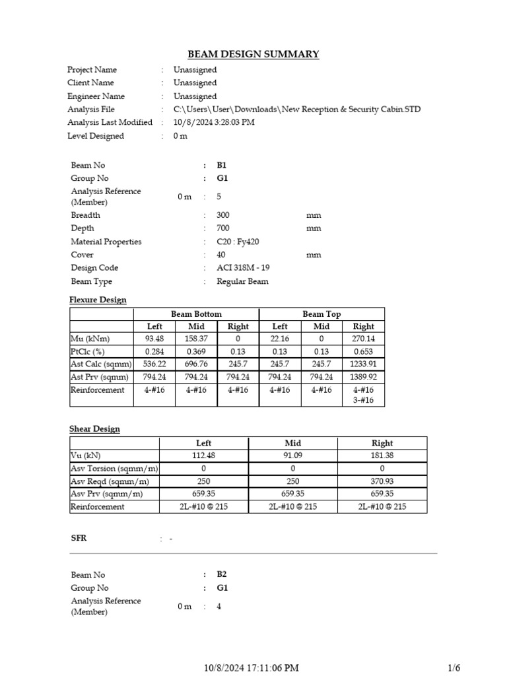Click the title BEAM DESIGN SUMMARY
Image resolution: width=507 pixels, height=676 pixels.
pyautogui.click(x=253, y=54)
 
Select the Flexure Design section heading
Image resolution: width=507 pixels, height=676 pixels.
pyautogui.click(x=98, y=300)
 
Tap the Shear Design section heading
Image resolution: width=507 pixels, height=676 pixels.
pyautogui.click(x=94, y=429)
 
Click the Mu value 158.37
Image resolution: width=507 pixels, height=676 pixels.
pyautogui.click(x=196, y=339)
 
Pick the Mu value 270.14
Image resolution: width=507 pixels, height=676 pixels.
pyautogui.click(x=363, y=339)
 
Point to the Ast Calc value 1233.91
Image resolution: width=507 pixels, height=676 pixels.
pyautogui.click(x=363, y=364)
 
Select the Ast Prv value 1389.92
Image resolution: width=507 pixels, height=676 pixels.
pyautogui.click(x=363, y=377)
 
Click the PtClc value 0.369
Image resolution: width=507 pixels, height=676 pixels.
pyautogui.click(x=196, y=351)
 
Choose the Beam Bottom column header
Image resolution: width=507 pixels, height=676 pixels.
pyautogui.click(x=196, y=314)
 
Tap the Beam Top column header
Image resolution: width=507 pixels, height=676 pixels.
pyautogui.click(x=321, y=314)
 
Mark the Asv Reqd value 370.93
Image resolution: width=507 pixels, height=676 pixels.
pyautogui.click(x=382, y=481)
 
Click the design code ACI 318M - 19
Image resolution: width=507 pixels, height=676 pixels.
pyautogui.click(x=243, y=268)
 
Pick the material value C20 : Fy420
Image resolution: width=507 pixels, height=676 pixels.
pyautogui.click(x=238, y=242)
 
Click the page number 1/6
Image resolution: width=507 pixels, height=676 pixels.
pyautogui.click(x=455, y=668)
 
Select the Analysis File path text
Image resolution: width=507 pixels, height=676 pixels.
pyautogui.click(x=296, y=110)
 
